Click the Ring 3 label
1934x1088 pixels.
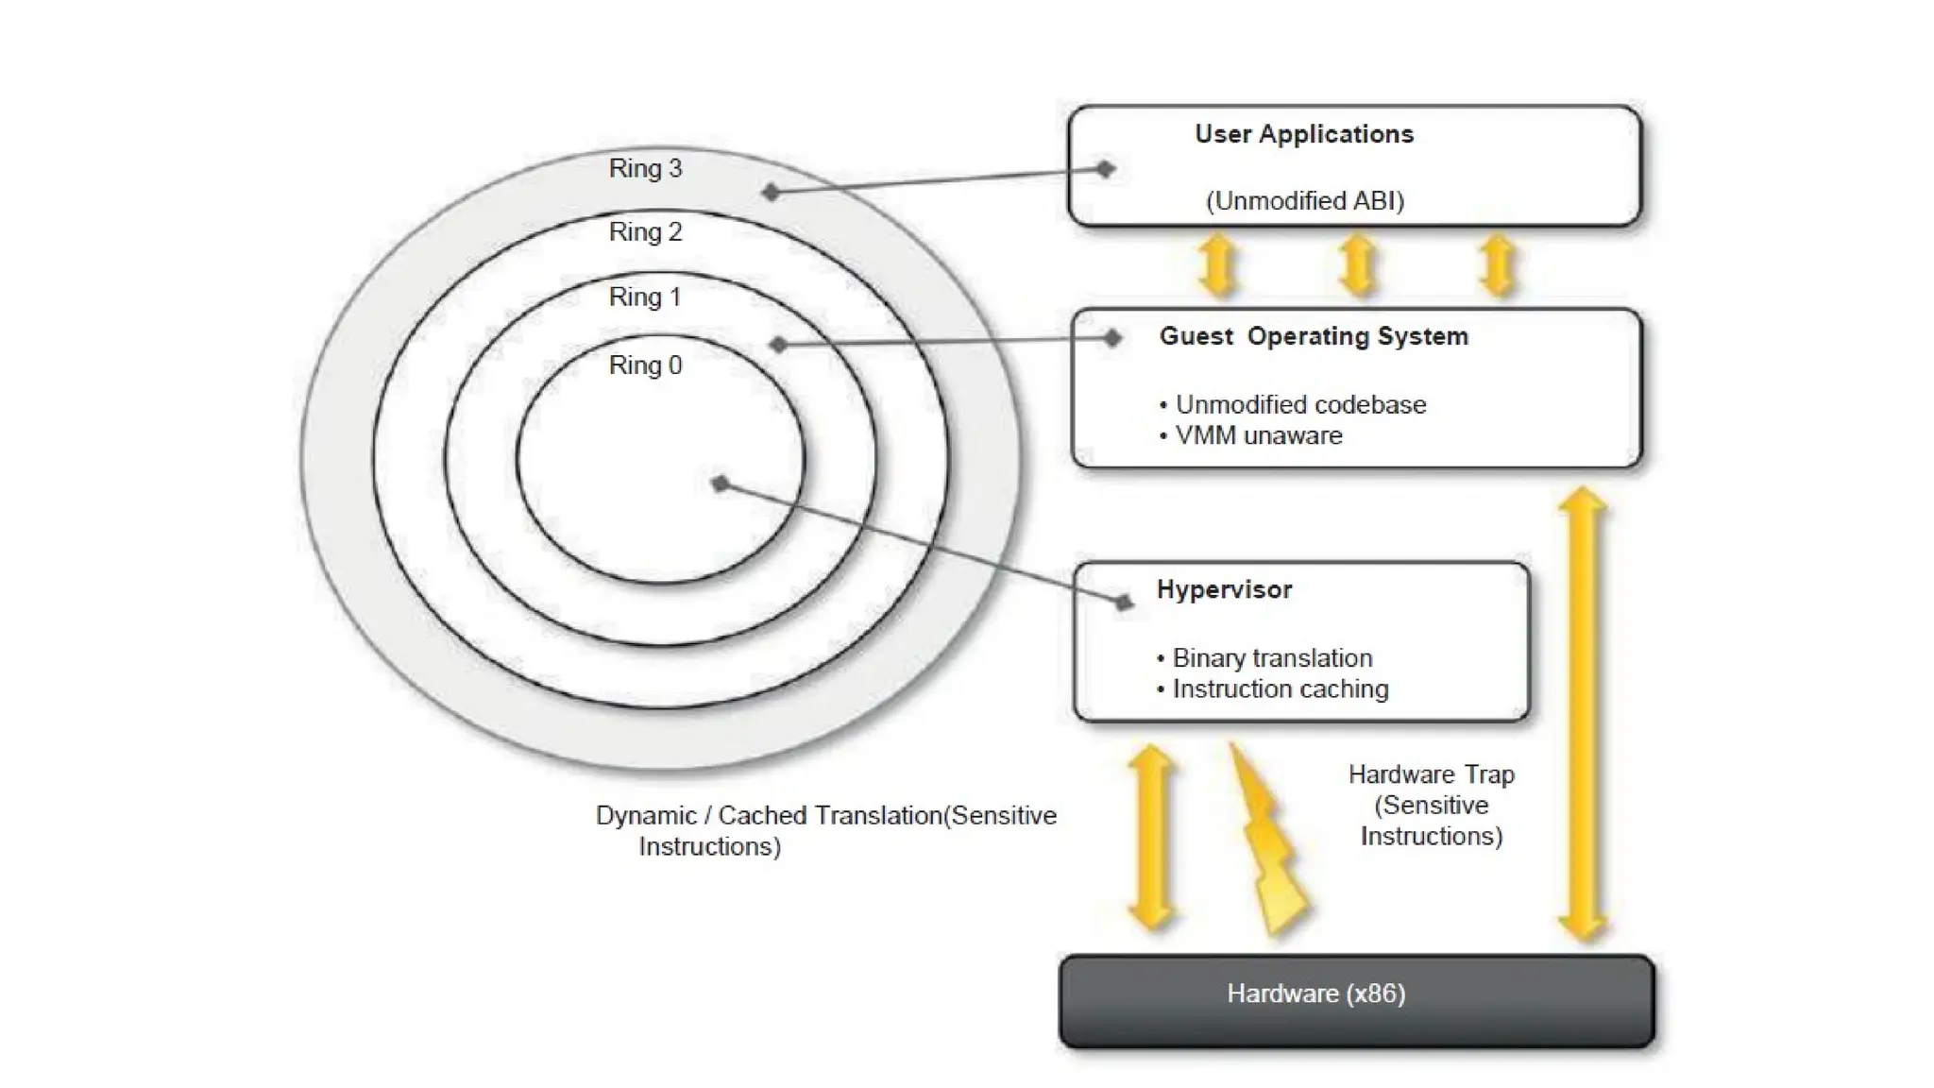[x=645, y=168]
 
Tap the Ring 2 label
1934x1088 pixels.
[x=645, y=231]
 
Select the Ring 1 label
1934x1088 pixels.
[x=645, y=297]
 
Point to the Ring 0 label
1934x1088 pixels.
[x=645, y=365]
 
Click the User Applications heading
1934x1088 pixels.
[x=1303, y=134]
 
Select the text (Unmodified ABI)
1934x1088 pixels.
[x=1305, y=200]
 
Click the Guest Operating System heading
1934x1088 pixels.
[x=1314, y=336]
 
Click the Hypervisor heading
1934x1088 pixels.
[x=1224, y=589]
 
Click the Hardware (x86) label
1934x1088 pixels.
[x=1315, y=994]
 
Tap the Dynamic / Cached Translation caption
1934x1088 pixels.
[x=825, y=829]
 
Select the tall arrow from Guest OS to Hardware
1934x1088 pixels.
[x=1582, y=714]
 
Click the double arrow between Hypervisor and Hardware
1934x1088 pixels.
[x=1151, y=837]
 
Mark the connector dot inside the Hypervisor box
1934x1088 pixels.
[x=1123, y=602]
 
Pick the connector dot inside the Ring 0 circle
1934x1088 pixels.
[x=721, y=484]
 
